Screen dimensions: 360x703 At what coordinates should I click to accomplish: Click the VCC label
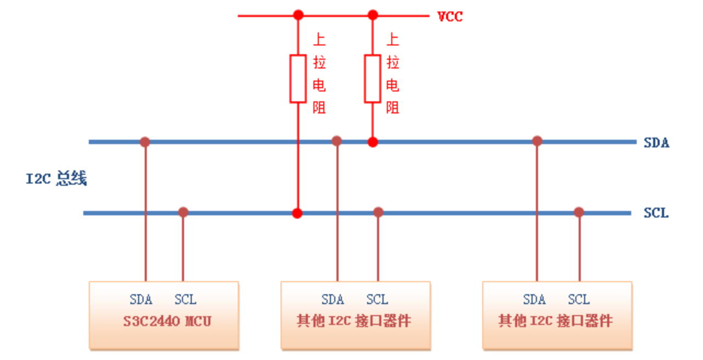tap(450, 16)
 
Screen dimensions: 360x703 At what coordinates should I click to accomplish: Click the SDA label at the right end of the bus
tap(656, 143)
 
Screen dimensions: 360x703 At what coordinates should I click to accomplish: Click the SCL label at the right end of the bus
tap(656, 213)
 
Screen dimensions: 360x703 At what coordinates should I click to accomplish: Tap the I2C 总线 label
tap(56, 179)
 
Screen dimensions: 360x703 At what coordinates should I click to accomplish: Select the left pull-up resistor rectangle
tap(298, 78)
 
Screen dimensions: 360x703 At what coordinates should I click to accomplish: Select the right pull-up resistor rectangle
tap(373, 78)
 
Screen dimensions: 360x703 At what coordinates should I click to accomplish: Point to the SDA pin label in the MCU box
tap(141, 300)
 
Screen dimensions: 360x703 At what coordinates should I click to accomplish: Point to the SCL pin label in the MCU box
tap(185, 300)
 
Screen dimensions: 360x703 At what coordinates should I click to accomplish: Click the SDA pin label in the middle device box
tap(333, 300)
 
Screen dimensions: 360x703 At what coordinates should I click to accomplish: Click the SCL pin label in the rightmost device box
tap(579, 300)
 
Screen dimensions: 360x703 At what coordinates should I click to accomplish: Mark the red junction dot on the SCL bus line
tap(297, 213)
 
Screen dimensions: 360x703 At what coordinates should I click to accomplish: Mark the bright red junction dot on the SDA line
tap(373, 142)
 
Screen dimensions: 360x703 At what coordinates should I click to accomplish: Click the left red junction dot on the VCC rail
tap(298, 15)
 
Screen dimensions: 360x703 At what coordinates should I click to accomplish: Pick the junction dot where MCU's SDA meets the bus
tap(145, 142)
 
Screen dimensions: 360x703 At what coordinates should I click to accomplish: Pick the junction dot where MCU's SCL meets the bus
tap(183, 212)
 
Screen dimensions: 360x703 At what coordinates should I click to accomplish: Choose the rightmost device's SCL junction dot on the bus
tap(579, 212)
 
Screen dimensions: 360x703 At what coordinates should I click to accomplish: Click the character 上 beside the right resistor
tap(393, 39)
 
